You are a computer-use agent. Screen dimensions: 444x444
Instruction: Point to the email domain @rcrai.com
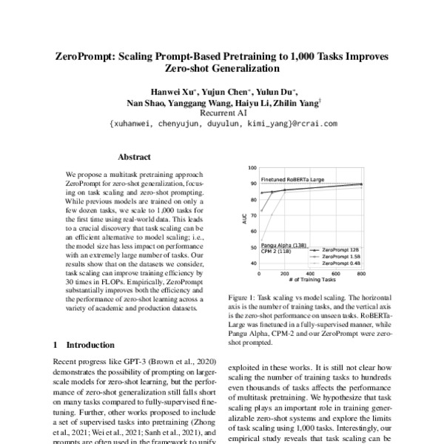pyautogui.click(x=312, y=124)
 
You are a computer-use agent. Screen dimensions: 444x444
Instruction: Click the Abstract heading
pyautogui.click(x=134, y=157)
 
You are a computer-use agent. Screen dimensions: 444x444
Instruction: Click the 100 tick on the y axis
pyautogui.click(x=252, y=168)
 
